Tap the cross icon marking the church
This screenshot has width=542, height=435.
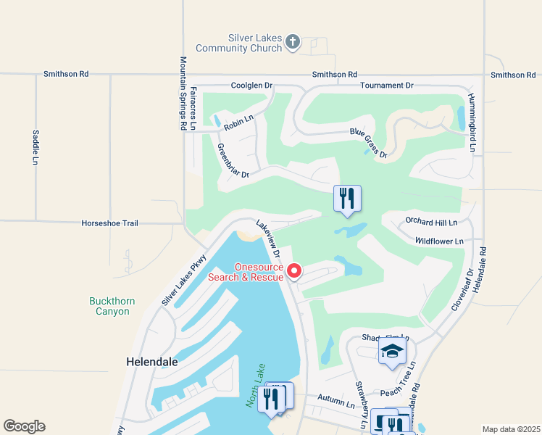pos(292,41)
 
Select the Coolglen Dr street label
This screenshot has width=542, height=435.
pos(251,86)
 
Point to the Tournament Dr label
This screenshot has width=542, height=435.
pos(387,86)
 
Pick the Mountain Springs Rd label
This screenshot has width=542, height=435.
pos(183,94)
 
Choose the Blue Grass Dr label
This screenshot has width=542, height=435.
pos(369,143)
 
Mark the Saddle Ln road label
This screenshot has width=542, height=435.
pos(35,147)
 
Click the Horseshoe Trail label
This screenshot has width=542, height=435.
pos(109,223)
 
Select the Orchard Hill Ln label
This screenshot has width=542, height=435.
pos(432,223)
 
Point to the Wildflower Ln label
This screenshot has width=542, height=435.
pos(439,241)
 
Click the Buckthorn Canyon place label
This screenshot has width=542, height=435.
pos(109,306)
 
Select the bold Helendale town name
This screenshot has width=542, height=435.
pos(152,360)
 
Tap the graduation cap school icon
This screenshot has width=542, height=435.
pos(392,352)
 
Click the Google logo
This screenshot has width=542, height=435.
pos(25,426)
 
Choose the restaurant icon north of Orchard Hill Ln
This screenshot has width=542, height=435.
pos(347,197)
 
